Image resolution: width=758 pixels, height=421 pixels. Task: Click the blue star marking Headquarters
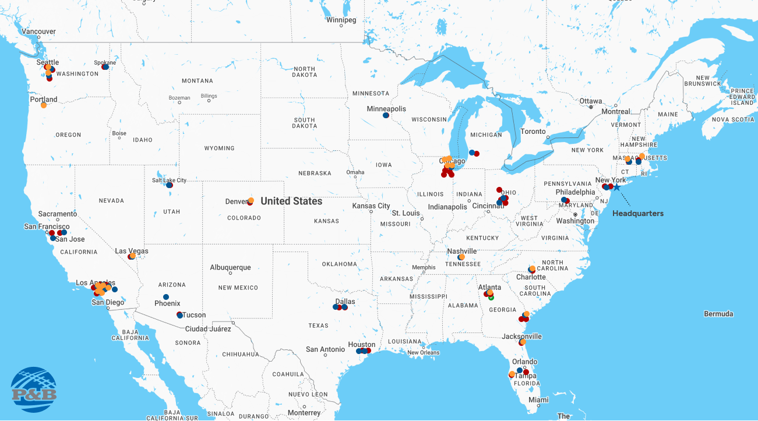[617, 187]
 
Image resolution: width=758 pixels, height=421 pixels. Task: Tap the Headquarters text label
[637, 214]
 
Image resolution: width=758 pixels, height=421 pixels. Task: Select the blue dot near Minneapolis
[386, 115]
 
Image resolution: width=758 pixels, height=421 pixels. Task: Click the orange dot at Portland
[44, 105]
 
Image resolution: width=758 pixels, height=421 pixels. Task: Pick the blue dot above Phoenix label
[166, 297]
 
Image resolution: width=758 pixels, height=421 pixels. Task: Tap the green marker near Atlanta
[491, 297]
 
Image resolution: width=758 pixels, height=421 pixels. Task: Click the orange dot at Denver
[251, 201]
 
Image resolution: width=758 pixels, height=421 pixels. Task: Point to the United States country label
[291, 201]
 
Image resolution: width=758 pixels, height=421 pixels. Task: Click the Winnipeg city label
[341, 20]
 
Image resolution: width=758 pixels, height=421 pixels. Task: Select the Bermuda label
[718, 314]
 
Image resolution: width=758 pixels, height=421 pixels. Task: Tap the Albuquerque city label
[230, 268]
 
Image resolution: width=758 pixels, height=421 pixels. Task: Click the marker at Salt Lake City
[169, 185]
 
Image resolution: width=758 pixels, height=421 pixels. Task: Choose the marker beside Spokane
[105, 67]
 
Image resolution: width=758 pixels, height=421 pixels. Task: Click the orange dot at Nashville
[462, 257]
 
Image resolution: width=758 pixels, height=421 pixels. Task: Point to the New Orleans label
[423, 352]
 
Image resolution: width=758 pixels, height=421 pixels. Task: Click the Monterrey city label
[304, 413]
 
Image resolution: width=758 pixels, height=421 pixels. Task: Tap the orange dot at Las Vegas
[133, 256]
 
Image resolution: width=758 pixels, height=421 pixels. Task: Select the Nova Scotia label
[732, 119]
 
